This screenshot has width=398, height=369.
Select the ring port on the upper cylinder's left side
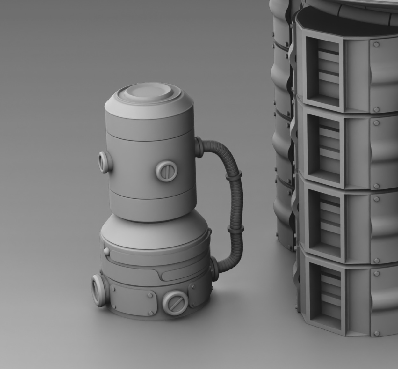[x=104, y=162]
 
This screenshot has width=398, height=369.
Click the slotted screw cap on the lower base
[x=174, y=303]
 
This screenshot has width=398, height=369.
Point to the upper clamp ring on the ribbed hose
[x=234, y=175]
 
